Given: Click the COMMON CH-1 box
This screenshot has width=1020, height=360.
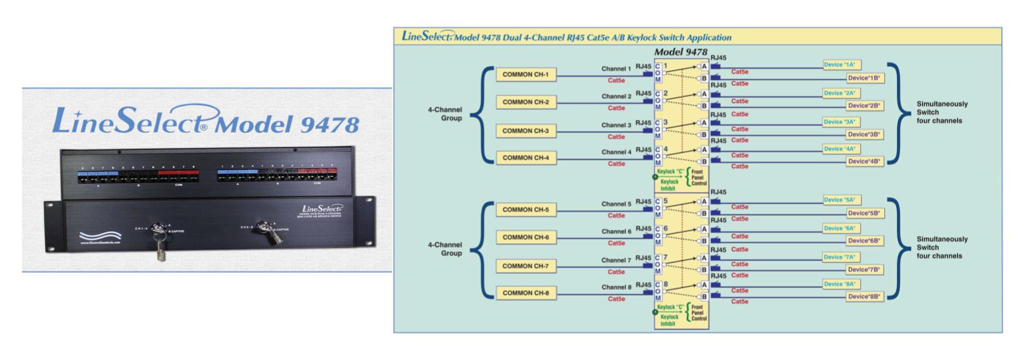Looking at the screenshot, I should [525, 75].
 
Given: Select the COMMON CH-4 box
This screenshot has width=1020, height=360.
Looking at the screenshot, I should [525, 158].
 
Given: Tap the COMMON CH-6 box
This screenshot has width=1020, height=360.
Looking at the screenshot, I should [525, 237].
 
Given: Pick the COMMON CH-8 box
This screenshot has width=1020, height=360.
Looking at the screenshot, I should [525, 293].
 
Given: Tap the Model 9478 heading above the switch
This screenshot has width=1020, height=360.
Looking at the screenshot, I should [681, 52].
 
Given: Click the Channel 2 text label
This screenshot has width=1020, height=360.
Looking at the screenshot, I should [616, 96].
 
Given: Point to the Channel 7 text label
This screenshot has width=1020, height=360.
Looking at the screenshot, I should [616, 260].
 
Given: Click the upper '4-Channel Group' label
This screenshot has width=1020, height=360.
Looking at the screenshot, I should [445, 114].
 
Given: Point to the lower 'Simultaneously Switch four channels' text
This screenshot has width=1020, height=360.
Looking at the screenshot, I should [942, 247].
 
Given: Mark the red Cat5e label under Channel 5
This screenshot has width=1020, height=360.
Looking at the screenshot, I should [616, 216].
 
